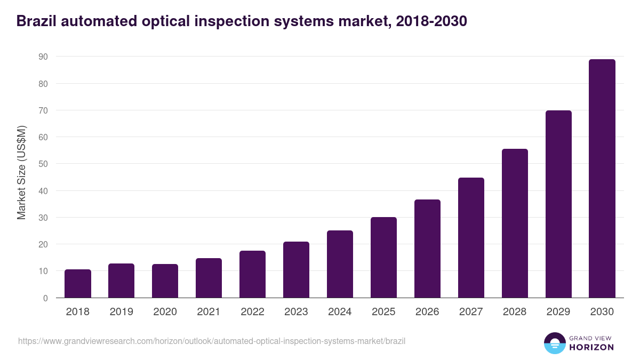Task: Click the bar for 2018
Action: tap(78, 284)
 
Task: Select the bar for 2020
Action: tap(165, 281)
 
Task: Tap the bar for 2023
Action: tap(296, 270)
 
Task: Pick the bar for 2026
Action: tap(427, 249)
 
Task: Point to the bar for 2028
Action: tap(515, 223)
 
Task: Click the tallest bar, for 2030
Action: tap(602, 179)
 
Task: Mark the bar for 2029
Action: tap(558, 204)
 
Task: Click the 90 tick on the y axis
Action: tap(43, 57)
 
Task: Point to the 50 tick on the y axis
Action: tap(43, 164)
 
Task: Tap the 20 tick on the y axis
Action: tap(43, 244)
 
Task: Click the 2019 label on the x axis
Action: tap(122, 312)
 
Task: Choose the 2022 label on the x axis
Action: tap(252, 312)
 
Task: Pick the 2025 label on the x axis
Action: tap(383, 312)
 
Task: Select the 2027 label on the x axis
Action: tap(471, 312)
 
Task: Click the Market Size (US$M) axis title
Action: tap(21, 173)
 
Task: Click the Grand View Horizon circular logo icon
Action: tap(555, 343)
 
